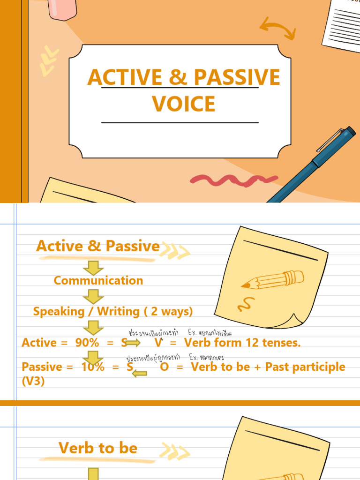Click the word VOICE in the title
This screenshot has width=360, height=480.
pyautogui.click(x=184, y=104)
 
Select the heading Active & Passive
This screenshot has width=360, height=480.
pyautogui.click(x=98, y=246)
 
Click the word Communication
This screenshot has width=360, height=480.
pyautogui.click(x=98, y=280)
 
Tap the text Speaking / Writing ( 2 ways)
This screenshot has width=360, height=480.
pyautogui.click(x=113, y=311)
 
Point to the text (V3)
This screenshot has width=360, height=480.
pyautogui.click(x=33, y=381)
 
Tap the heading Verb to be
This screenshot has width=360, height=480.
pyautogui.click(x=98, y=448)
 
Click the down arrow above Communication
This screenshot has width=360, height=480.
pyautogui.click(x=93, y=268)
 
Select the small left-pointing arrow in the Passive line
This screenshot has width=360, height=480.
pyautogui.click(x=140, y=373)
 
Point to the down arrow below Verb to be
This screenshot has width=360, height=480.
pyautogui.click(x=94, y=473)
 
